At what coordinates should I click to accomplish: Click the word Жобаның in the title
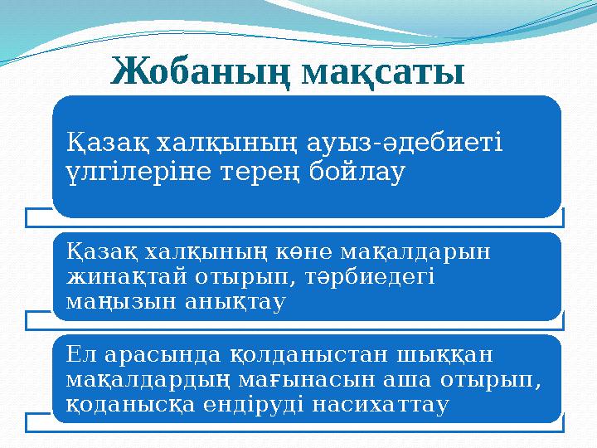pos(199,73)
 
